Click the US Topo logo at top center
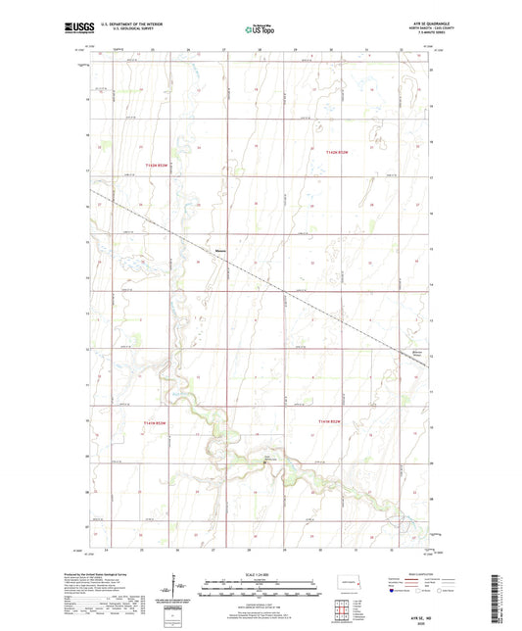point(258,30)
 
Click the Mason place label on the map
point(221,249)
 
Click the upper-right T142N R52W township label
point(339,152)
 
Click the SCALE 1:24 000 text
point(261,574)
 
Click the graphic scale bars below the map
point(261,589)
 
